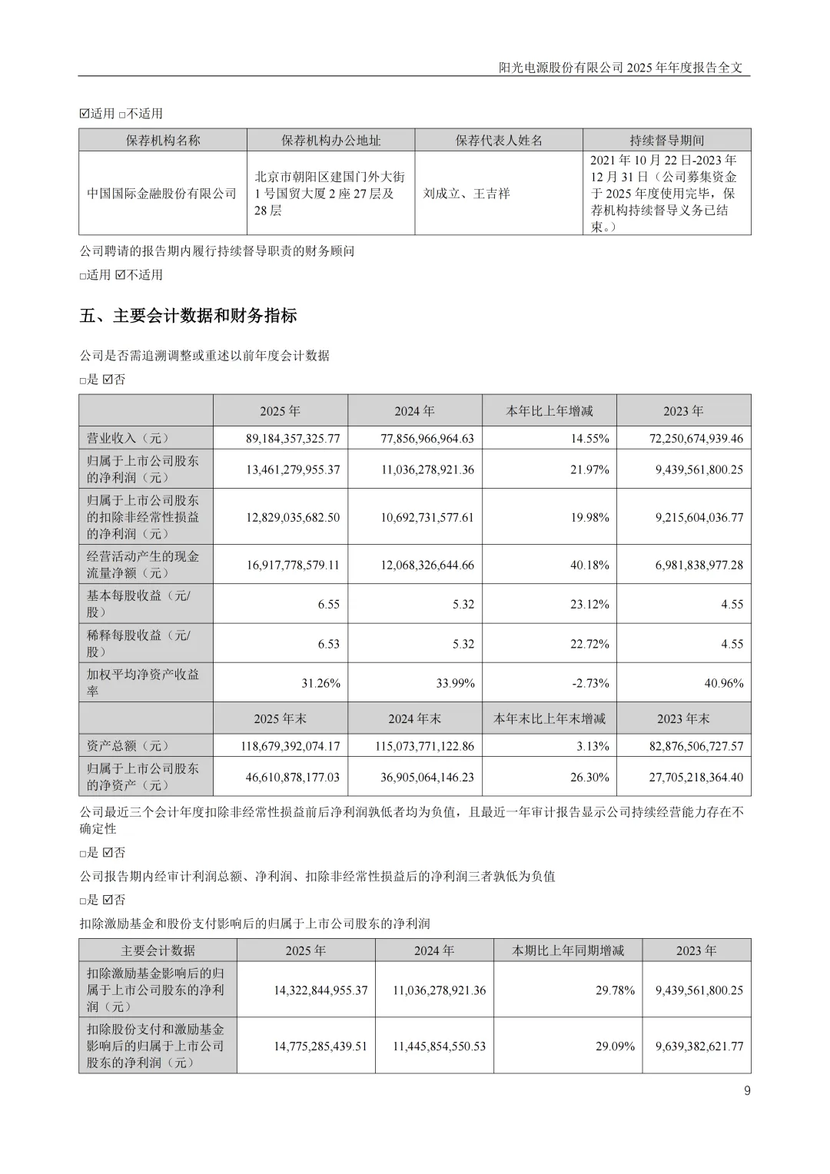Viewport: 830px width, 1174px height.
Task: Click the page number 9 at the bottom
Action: pyautogui.click(x=747, y=1090)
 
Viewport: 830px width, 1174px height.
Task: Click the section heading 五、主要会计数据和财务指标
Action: pyautogui.click(x=188, y=316)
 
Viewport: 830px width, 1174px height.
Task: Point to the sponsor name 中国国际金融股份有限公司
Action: pyautogui.click(x=162, y=194)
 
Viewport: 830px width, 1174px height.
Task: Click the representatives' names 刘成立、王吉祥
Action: pyautogui.click(x=466, y=194)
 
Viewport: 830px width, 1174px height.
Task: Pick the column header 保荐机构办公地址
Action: pyautogui.click(x=330, y=141)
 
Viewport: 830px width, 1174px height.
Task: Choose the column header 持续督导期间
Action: pyautogui.click(x=666, y=141)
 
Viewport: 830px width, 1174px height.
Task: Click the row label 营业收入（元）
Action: pyautogui.click(x=128, y=439)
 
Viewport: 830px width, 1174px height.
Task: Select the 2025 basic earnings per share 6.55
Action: pyautogui.click(x=328, y=604)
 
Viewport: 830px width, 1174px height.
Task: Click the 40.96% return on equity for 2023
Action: pyautogui.click(x=723, y=683)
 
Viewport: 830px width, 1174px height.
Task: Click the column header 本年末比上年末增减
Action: pyautogui.click(x=549, y=718)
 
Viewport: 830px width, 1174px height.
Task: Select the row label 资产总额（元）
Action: pyautogui.click(x=128, y=746)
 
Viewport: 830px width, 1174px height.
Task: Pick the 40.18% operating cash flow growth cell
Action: pyautogui.click(x=589, y=565)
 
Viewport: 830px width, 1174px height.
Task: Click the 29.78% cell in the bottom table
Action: pyautogui.click(x=615, y=990)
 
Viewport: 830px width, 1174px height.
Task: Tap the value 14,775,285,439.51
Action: pyautogui.click(x=320, y=1046)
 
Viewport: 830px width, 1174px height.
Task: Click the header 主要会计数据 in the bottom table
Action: pyautogui.click(x=158, y=950)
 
